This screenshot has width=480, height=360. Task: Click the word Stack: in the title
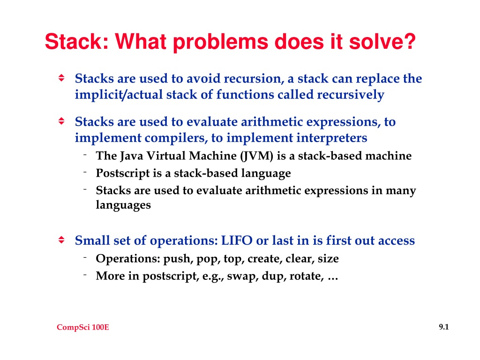point(77,41)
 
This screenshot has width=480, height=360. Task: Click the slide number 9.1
point(444,327)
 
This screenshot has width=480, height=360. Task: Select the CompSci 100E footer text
point(83,327)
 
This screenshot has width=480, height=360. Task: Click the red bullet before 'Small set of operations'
point(61,240)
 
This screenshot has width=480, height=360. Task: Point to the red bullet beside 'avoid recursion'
point(61,78)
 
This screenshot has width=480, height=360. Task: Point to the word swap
point(240,277)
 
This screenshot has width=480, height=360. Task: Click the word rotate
point(307,277)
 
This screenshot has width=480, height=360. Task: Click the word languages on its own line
point(123,205)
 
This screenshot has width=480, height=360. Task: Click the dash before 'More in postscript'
point(85,275)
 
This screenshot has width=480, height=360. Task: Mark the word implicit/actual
point(119,95)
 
